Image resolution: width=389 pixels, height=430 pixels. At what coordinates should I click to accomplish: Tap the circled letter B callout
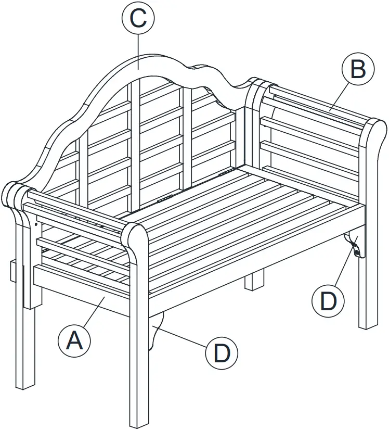coord(358,69)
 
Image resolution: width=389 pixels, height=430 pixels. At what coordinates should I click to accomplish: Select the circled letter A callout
coord(74,341)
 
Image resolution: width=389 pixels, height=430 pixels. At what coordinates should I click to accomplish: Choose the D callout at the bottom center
coord(222,354)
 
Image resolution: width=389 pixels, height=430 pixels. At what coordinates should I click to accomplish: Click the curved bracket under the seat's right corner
coord(354,244)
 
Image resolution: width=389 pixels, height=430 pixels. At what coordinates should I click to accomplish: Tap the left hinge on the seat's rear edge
coord(165,199)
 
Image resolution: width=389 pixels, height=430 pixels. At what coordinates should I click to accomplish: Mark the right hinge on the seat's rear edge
coord(226,171)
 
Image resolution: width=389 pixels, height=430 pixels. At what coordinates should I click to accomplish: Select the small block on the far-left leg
coord(13,271)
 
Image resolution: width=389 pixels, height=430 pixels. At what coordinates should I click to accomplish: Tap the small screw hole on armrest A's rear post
coord(36,224)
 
